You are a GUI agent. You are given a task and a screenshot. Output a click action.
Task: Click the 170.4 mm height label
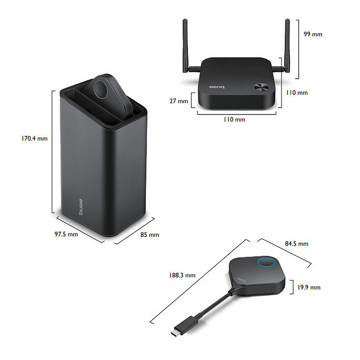35,138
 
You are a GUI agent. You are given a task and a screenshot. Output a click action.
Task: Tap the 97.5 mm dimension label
66,234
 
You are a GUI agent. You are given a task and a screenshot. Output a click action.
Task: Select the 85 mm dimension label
150,235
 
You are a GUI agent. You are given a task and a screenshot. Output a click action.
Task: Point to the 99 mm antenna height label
313,34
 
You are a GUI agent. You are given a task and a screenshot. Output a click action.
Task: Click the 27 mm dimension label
179,101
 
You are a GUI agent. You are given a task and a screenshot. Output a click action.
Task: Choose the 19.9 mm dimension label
308,287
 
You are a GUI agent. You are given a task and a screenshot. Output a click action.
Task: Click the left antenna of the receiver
185,46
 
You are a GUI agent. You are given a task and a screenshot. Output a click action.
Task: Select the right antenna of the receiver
287,46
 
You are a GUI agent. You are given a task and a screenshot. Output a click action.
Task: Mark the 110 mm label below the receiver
235,119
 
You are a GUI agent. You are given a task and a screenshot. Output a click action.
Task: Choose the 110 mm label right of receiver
296,93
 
